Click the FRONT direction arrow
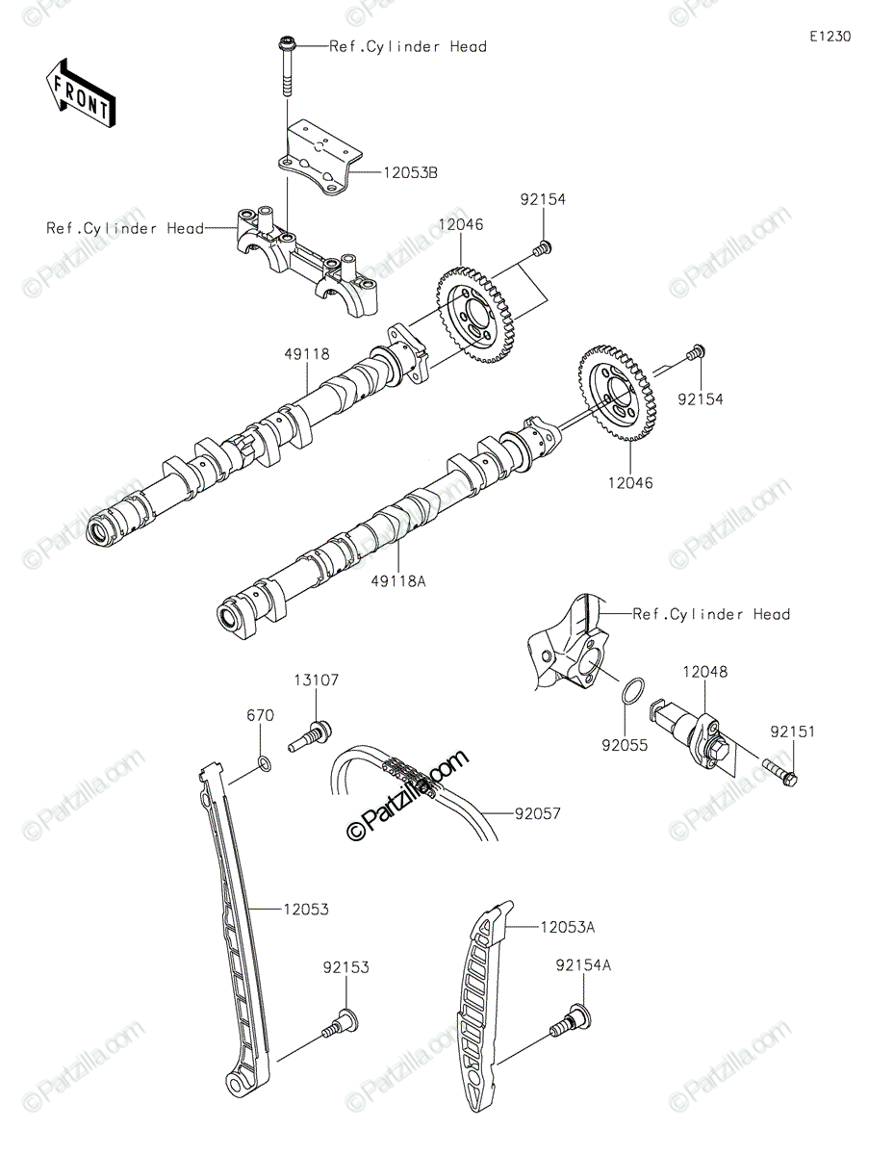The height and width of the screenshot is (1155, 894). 80,94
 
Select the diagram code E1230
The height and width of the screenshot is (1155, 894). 830,37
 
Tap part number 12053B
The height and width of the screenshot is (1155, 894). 411,172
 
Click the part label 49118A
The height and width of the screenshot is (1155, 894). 398,581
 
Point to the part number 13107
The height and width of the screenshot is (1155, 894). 317,680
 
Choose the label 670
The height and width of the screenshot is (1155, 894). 260,715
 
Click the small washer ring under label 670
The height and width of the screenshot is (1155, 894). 265,764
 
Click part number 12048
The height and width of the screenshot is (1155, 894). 704,671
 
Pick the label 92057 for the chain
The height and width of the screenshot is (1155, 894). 538,813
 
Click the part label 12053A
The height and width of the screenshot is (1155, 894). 568,927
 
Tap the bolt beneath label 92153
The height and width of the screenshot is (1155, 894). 341,1021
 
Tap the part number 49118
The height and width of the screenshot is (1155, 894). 307,354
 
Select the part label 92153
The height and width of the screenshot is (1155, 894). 345,967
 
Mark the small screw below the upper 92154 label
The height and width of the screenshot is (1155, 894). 543,247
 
